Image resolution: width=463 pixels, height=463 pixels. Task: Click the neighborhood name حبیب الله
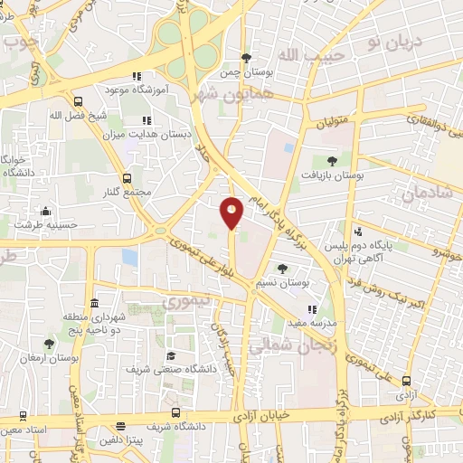(299, 55)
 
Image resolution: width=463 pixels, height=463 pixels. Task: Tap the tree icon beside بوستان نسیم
(282, 269)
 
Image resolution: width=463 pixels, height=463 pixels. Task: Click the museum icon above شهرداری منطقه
(94, 303)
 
